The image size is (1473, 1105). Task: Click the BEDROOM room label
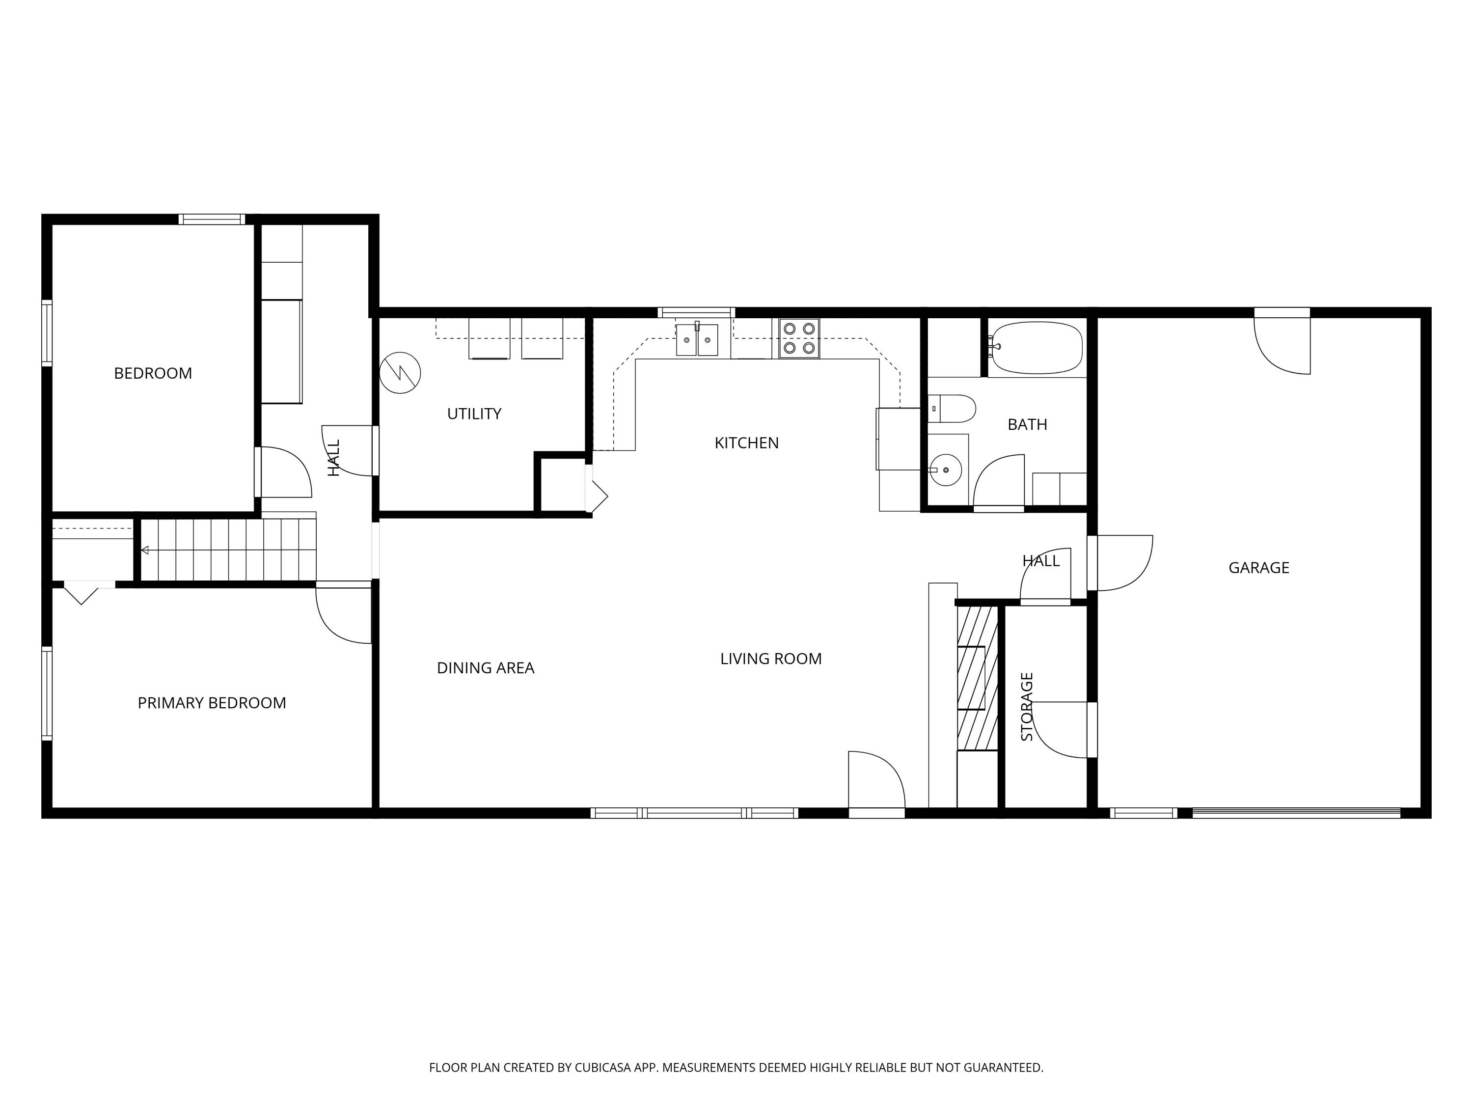tap(153, 374)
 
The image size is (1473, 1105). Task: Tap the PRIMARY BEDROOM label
tap(212, 703)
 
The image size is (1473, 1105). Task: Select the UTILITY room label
tap(474, 414)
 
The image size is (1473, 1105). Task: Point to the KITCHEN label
tap(746, 443)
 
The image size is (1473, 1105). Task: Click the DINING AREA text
tap(486, 668)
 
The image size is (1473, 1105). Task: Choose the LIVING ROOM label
tap(771, 660)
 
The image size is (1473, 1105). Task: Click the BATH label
tap(1028, 425)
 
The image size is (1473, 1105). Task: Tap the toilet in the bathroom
tap(952, 408)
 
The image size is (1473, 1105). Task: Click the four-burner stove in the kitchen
tap(799, 338)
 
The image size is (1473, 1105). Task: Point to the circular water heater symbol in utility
tap(400, 373)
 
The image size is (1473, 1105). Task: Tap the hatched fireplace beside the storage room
tap(978, 678)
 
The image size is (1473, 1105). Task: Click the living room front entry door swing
tap(876, 780)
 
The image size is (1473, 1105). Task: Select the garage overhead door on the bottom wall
tap(1296, 813)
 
